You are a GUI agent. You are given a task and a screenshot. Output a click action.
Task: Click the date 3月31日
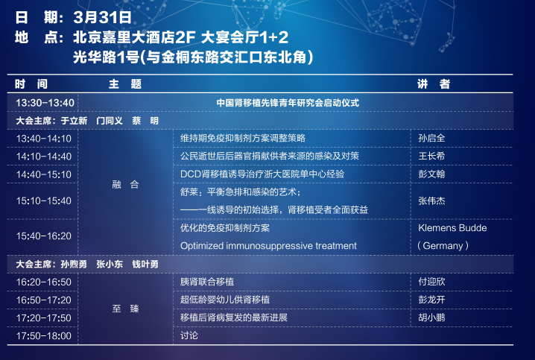pos(102,17)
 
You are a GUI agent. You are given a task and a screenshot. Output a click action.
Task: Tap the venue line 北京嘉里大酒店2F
pos(134,37)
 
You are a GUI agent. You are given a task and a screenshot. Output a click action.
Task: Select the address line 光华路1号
pos(107,57)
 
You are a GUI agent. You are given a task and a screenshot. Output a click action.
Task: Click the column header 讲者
pos(434,83)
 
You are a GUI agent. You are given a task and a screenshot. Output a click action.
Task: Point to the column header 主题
pos(125,84)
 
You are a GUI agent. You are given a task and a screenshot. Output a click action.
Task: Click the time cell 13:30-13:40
pos(45,103)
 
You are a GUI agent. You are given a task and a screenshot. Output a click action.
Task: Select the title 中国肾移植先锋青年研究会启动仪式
pos(288,103)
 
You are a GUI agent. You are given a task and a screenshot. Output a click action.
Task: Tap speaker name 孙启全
pos(431,138)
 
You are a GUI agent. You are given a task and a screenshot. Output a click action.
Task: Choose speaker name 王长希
pos(431,156)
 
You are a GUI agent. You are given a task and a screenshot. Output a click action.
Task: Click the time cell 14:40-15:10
pos(44,174)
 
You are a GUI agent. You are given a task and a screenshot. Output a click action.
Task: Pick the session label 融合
pos(125,185)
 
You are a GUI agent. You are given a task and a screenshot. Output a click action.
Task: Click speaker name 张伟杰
pos(431,200)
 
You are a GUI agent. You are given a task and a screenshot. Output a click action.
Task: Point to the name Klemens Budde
pos(452,228)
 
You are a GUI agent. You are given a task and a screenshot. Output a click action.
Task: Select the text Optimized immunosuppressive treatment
pos(268,246)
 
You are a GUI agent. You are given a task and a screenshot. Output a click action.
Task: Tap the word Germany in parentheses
pos(443,246)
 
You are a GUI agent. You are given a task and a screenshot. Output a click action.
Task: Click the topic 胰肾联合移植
pos(207,282)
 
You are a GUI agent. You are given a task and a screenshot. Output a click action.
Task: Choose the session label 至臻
pos(125,309)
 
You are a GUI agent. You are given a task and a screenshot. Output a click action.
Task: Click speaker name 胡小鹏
pos(431,318)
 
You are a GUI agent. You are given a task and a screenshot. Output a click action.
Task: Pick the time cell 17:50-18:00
pos(44,335)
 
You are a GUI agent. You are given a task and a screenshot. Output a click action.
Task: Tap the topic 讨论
pos(189,335)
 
